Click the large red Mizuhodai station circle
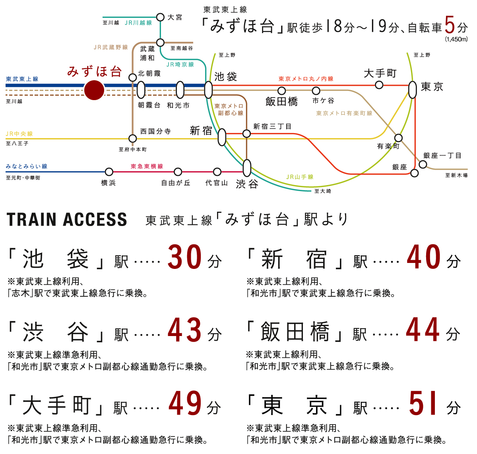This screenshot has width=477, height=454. [94, 90]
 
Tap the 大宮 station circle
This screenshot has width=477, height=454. [160, 17]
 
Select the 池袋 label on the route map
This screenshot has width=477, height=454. [225, 76]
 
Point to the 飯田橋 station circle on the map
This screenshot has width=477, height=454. [281, 91]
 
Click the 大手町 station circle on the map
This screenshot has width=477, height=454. [379, 85]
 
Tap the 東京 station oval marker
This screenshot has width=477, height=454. [413, 90]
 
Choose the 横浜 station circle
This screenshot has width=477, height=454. [109, 172]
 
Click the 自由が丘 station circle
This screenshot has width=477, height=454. [178, 172]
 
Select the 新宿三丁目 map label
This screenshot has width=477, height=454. [272, 126]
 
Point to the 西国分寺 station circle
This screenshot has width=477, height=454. [133, 139]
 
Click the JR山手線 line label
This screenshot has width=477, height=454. [300, 177]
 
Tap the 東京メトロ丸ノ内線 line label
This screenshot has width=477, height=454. [306, 79]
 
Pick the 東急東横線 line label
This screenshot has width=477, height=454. [147, 166]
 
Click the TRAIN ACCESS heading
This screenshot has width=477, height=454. [67, 220]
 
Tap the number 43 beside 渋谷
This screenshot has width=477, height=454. [185, 330]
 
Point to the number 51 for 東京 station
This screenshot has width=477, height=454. [424, 404]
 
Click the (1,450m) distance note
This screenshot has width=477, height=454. [456, 39]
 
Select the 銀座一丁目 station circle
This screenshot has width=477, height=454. [423, 164]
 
